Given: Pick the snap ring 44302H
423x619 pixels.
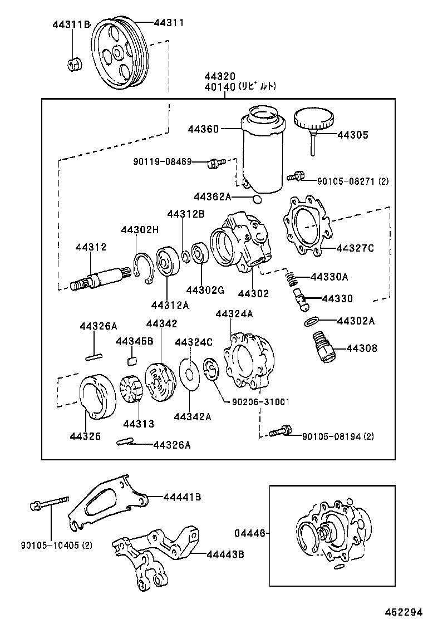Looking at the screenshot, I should pyautogui.click(x=145, y=269).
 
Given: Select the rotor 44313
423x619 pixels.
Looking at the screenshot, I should pyautogui.click(x=131, y=390).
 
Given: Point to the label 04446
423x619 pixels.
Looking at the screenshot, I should pyautogui.click(x=249, y=533).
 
